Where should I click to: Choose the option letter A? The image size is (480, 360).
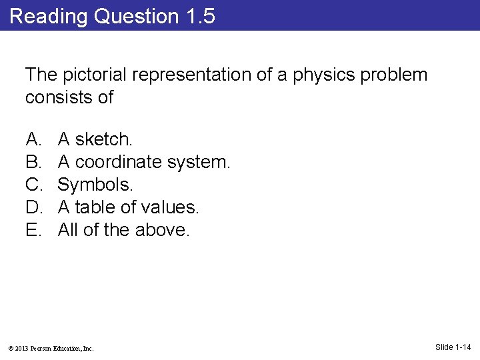33,139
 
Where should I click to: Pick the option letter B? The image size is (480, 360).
33,162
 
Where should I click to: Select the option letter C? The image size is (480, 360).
33,185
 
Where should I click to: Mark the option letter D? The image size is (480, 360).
33,207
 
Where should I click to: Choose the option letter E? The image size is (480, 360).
33,230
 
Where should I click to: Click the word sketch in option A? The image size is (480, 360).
104,139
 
